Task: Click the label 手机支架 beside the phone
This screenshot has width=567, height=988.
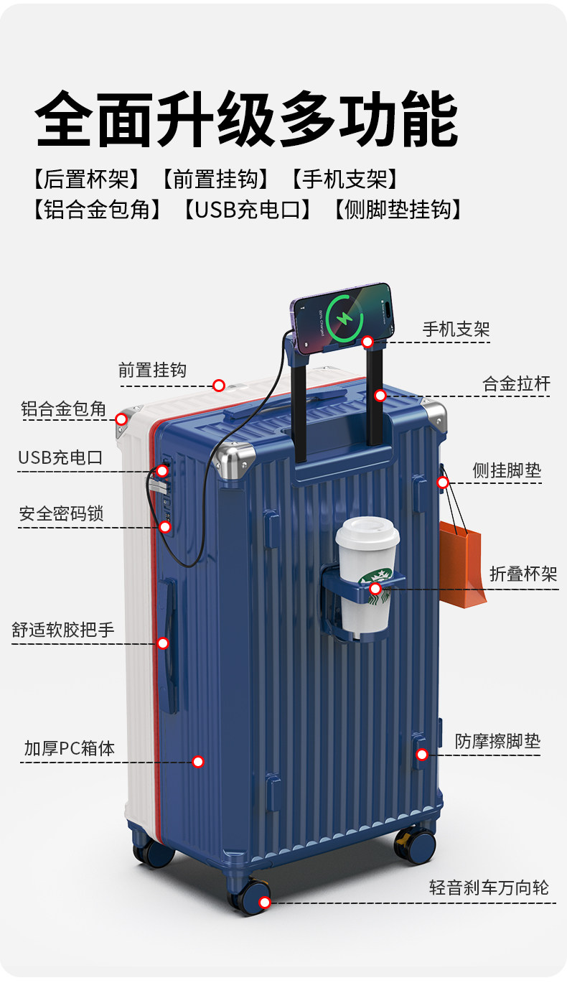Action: [x=456, y=330]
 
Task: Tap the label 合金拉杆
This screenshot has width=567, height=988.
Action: [x=516, y=384]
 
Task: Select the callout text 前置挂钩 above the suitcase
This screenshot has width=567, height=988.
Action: [x=152, y=370]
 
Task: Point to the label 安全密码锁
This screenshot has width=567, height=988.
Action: [x=61, y=514]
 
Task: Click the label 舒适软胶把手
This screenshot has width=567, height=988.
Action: [x=63, y=630]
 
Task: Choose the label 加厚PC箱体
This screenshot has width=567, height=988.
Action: [x=69, y=748]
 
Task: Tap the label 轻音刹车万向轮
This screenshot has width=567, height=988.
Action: [x=489, y=887]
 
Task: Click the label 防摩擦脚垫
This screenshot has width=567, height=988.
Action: [x=497, y=741]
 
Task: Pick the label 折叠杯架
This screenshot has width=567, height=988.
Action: [x=523, y=574]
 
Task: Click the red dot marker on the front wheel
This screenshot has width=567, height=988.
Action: [x=265, y=903]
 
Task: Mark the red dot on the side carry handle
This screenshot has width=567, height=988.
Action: [x=163, y=643]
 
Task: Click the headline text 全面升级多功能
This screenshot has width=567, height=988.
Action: [x=247, y=118]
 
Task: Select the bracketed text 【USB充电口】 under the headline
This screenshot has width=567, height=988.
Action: [x=247, y=210]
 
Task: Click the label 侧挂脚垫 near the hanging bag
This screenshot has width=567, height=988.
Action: [x=507, y=471]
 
